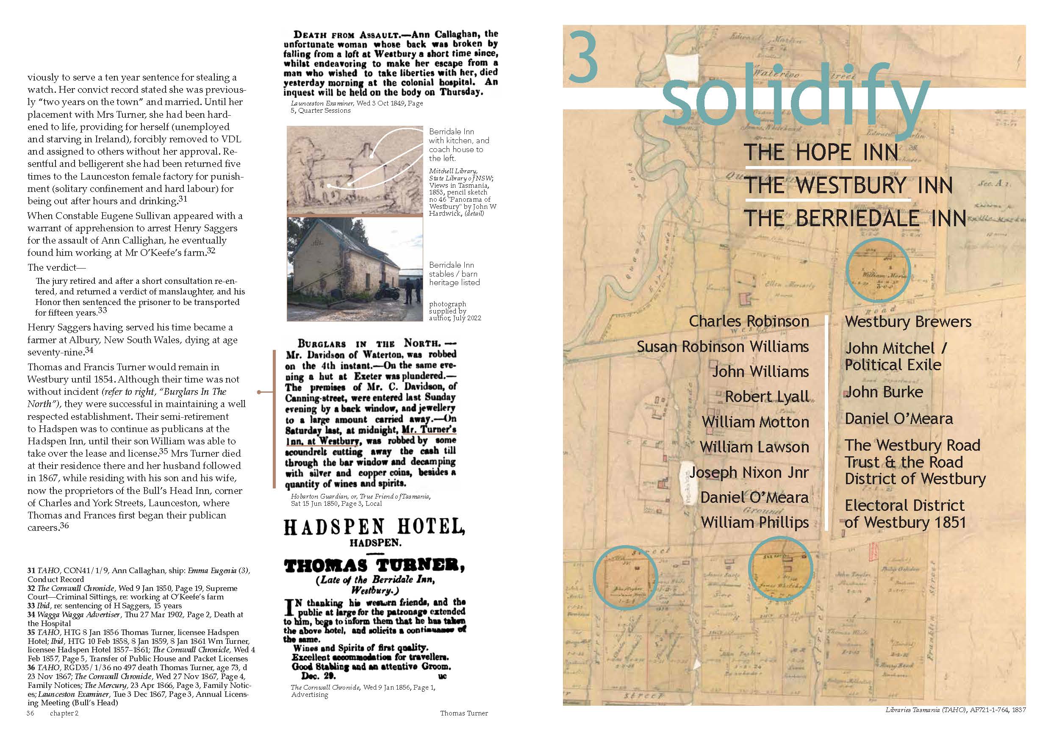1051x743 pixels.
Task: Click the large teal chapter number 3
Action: (583, 57)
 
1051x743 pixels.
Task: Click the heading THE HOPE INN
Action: (821, 152)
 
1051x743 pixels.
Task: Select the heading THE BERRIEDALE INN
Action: (854, 219)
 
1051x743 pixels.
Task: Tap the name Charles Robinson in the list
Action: (749, 322)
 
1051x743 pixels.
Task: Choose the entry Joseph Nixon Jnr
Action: (749, 472)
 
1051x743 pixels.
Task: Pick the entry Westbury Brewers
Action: (908, 322)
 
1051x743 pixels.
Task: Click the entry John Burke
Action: (884, 392)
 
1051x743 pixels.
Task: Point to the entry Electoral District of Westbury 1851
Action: (905, 514)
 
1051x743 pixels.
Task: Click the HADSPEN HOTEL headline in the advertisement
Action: (374, 527)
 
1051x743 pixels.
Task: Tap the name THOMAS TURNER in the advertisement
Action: (374, 566)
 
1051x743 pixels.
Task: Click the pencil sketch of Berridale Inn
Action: (355, 169)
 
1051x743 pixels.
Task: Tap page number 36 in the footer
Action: (30, 713)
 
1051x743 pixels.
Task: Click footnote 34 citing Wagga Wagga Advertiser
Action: (135, 619)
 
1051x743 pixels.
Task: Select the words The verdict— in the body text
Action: (56, 267)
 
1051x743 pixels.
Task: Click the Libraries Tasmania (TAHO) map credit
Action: (955, 710)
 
